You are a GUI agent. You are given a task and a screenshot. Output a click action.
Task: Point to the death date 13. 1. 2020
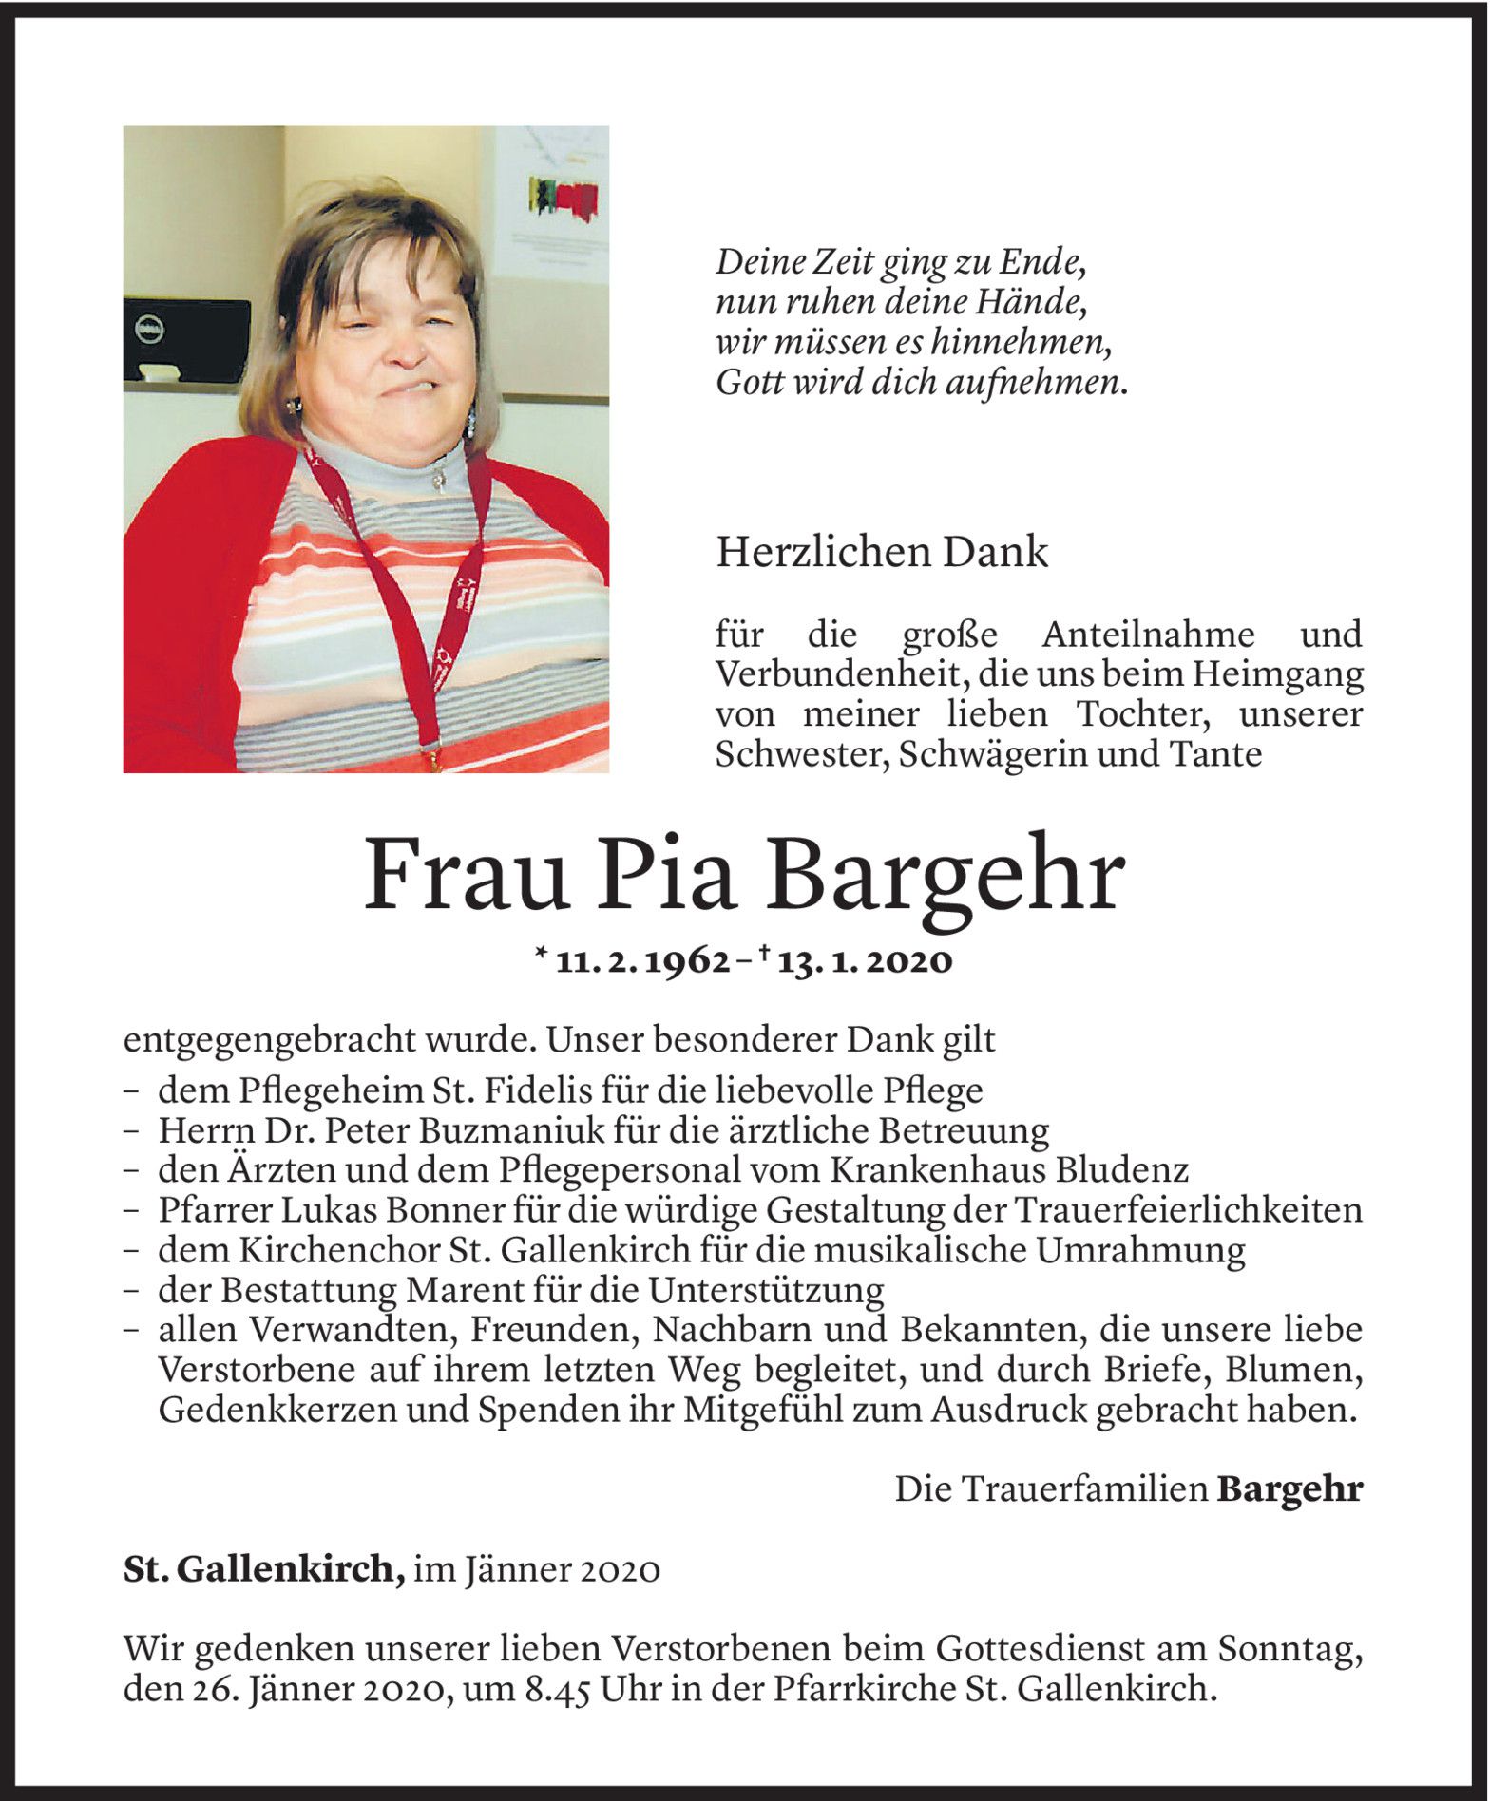coord(864,962)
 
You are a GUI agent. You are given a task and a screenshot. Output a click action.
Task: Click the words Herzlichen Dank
coord(882,552)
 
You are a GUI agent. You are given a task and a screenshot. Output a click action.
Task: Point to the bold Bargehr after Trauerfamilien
coord(1289,1488)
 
